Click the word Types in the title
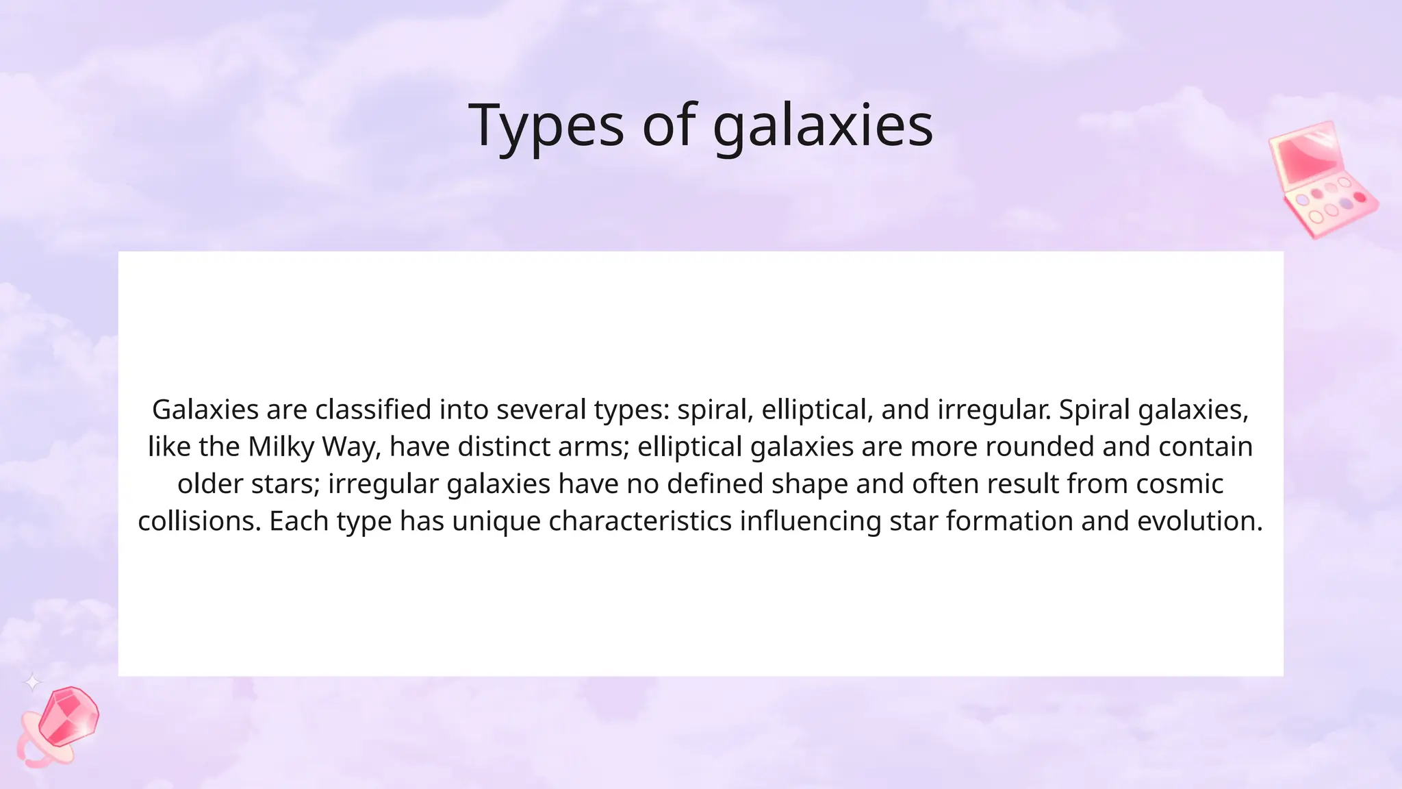point(546,125)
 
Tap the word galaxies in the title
point(823,127)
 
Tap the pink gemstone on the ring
point(68,716)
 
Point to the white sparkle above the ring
point(32,682)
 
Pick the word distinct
point(503,447)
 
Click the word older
point(209,484)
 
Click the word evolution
point(1199,521)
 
